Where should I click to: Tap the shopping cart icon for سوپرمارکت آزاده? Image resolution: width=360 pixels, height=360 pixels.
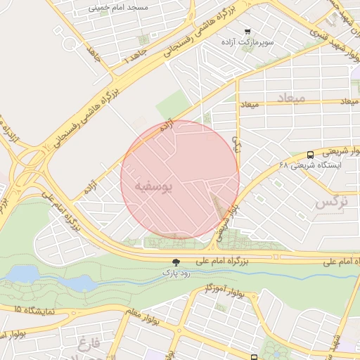pos(247,32)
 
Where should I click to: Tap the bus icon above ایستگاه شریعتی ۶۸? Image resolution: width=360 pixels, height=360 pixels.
pos(310,155)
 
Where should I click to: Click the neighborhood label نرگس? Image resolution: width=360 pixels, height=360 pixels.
pos(331,202)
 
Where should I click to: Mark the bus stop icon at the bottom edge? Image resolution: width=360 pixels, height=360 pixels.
pos(255,357)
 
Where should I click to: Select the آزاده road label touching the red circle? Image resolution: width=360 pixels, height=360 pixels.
pos(167,127)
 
